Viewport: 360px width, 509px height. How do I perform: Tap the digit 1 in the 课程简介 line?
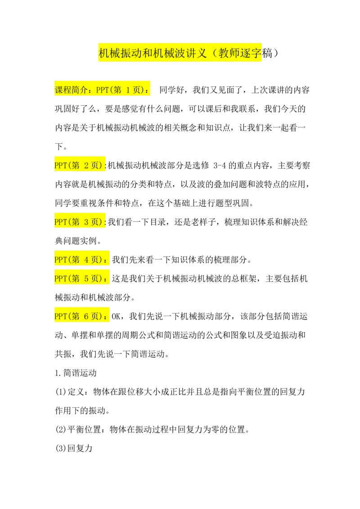click(x=127, y=90)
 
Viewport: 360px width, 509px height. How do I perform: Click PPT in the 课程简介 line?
click(x=102, y=90)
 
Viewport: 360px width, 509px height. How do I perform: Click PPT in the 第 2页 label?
click(x=60, y=165)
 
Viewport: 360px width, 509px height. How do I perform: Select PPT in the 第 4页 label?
click(x=60, y=259)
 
